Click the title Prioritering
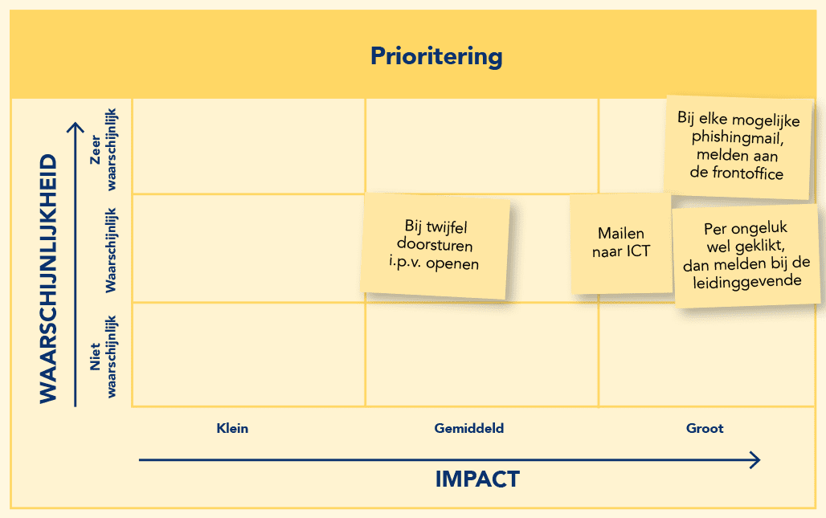[436, 56]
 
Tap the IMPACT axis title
[477, 479]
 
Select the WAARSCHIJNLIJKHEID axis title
[48, 279]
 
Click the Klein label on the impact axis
[232, 428]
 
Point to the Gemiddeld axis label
[468, 428]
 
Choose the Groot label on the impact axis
[705, 428]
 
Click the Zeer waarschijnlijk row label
[103, 149]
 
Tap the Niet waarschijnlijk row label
[103, 357]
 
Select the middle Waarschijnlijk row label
[111, 250]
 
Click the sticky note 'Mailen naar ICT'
[621, 243]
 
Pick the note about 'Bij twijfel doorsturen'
[435, 246]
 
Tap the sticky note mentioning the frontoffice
[738, 148]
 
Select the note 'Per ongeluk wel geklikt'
[746, 255]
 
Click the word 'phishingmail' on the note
[737, 138]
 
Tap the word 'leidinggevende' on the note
[747, 282]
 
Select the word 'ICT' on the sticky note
[639, 251]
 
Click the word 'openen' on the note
[452, 263]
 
